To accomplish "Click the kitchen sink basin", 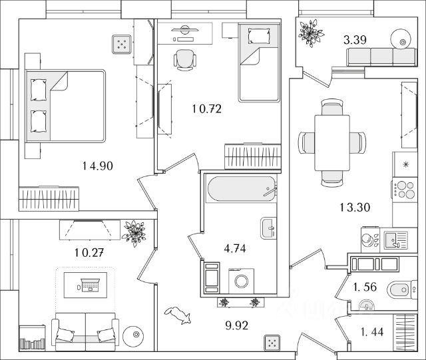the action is tap(391, 238).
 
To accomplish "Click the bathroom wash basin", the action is tap(268, 228).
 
